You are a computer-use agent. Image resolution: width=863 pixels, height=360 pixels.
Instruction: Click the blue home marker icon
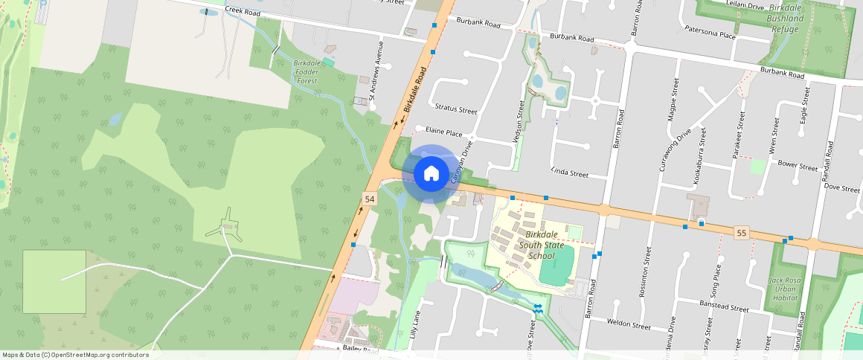(x=431, y=174)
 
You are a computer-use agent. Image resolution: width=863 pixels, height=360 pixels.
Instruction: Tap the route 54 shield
(x=370, y=199)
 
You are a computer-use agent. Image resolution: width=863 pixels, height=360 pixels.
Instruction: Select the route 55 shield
(x=741, y=233)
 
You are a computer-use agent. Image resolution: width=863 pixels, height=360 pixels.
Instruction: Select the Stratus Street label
(x=456, y=110)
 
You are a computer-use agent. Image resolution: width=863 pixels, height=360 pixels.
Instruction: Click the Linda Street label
(x=569, y=173)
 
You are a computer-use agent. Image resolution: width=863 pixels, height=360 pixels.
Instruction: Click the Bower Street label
(x=798, y=167)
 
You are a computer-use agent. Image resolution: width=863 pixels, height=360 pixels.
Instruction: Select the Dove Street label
(x=842, y=188)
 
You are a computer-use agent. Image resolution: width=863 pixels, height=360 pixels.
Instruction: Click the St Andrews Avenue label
(x=380, y=71)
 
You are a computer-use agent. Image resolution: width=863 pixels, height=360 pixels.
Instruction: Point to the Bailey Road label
(x=362, y=348)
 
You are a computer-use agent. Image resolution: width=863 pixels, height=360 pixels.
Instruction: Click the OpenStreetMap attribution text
(x=75, y=355)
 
